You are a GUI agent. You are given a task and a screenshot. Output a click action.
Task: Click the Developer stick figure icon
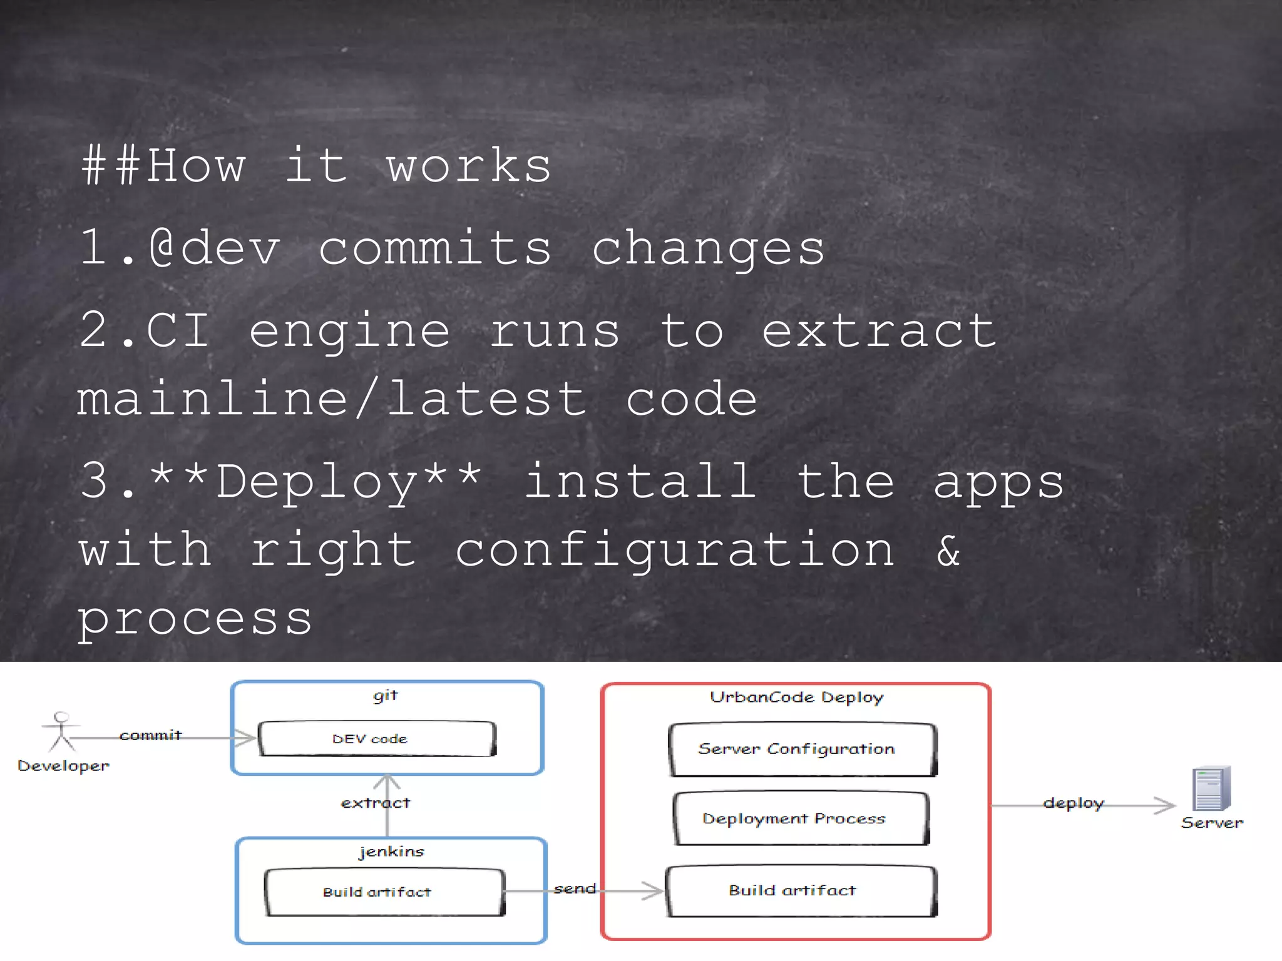click(61, 731)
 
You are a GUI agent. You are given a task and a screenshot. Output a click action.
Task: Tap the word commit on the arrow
click(150, 735)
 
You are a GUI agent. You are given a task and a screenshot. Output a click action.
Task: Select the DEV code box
click(377, 739)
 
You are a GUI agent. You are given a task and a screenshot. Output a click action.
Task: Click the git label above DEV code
click(385, 696)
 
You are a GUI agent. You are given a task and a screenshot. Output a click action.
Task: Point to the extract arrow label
click(376, 803)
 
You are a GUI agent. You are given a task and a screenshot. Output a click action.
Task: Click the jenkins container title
click(391, 852)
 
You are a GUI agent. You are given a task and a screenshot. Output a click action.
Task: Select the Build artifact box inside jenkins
click(384, 892)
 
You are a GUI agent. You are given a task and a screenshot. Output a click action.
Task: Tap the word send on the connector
click(575, 888)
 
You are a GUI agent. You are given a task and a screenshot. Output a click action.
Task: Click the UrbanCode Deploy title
click(796, 697)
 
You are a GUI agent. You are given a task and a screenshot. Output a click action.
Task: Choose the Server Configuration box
click(803, 749)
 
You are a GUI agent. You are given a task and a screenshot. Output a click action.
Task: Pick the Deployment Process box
click(801, 818)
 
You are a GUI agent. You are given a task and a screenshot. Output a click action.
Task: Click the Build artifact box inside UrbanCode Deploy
click(801, 890)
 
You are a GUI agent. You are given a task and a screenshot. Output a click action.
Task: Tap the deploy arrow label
click(1073, 803)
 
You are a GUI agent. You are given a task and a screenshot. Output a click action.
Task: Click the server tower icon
click(1211, 788)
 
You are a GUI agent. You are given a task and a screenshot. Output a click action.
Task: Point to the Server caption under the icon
click(1212, 823)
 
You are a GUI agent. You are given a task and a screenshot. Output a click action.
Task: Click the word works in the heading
click(468, 166)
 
